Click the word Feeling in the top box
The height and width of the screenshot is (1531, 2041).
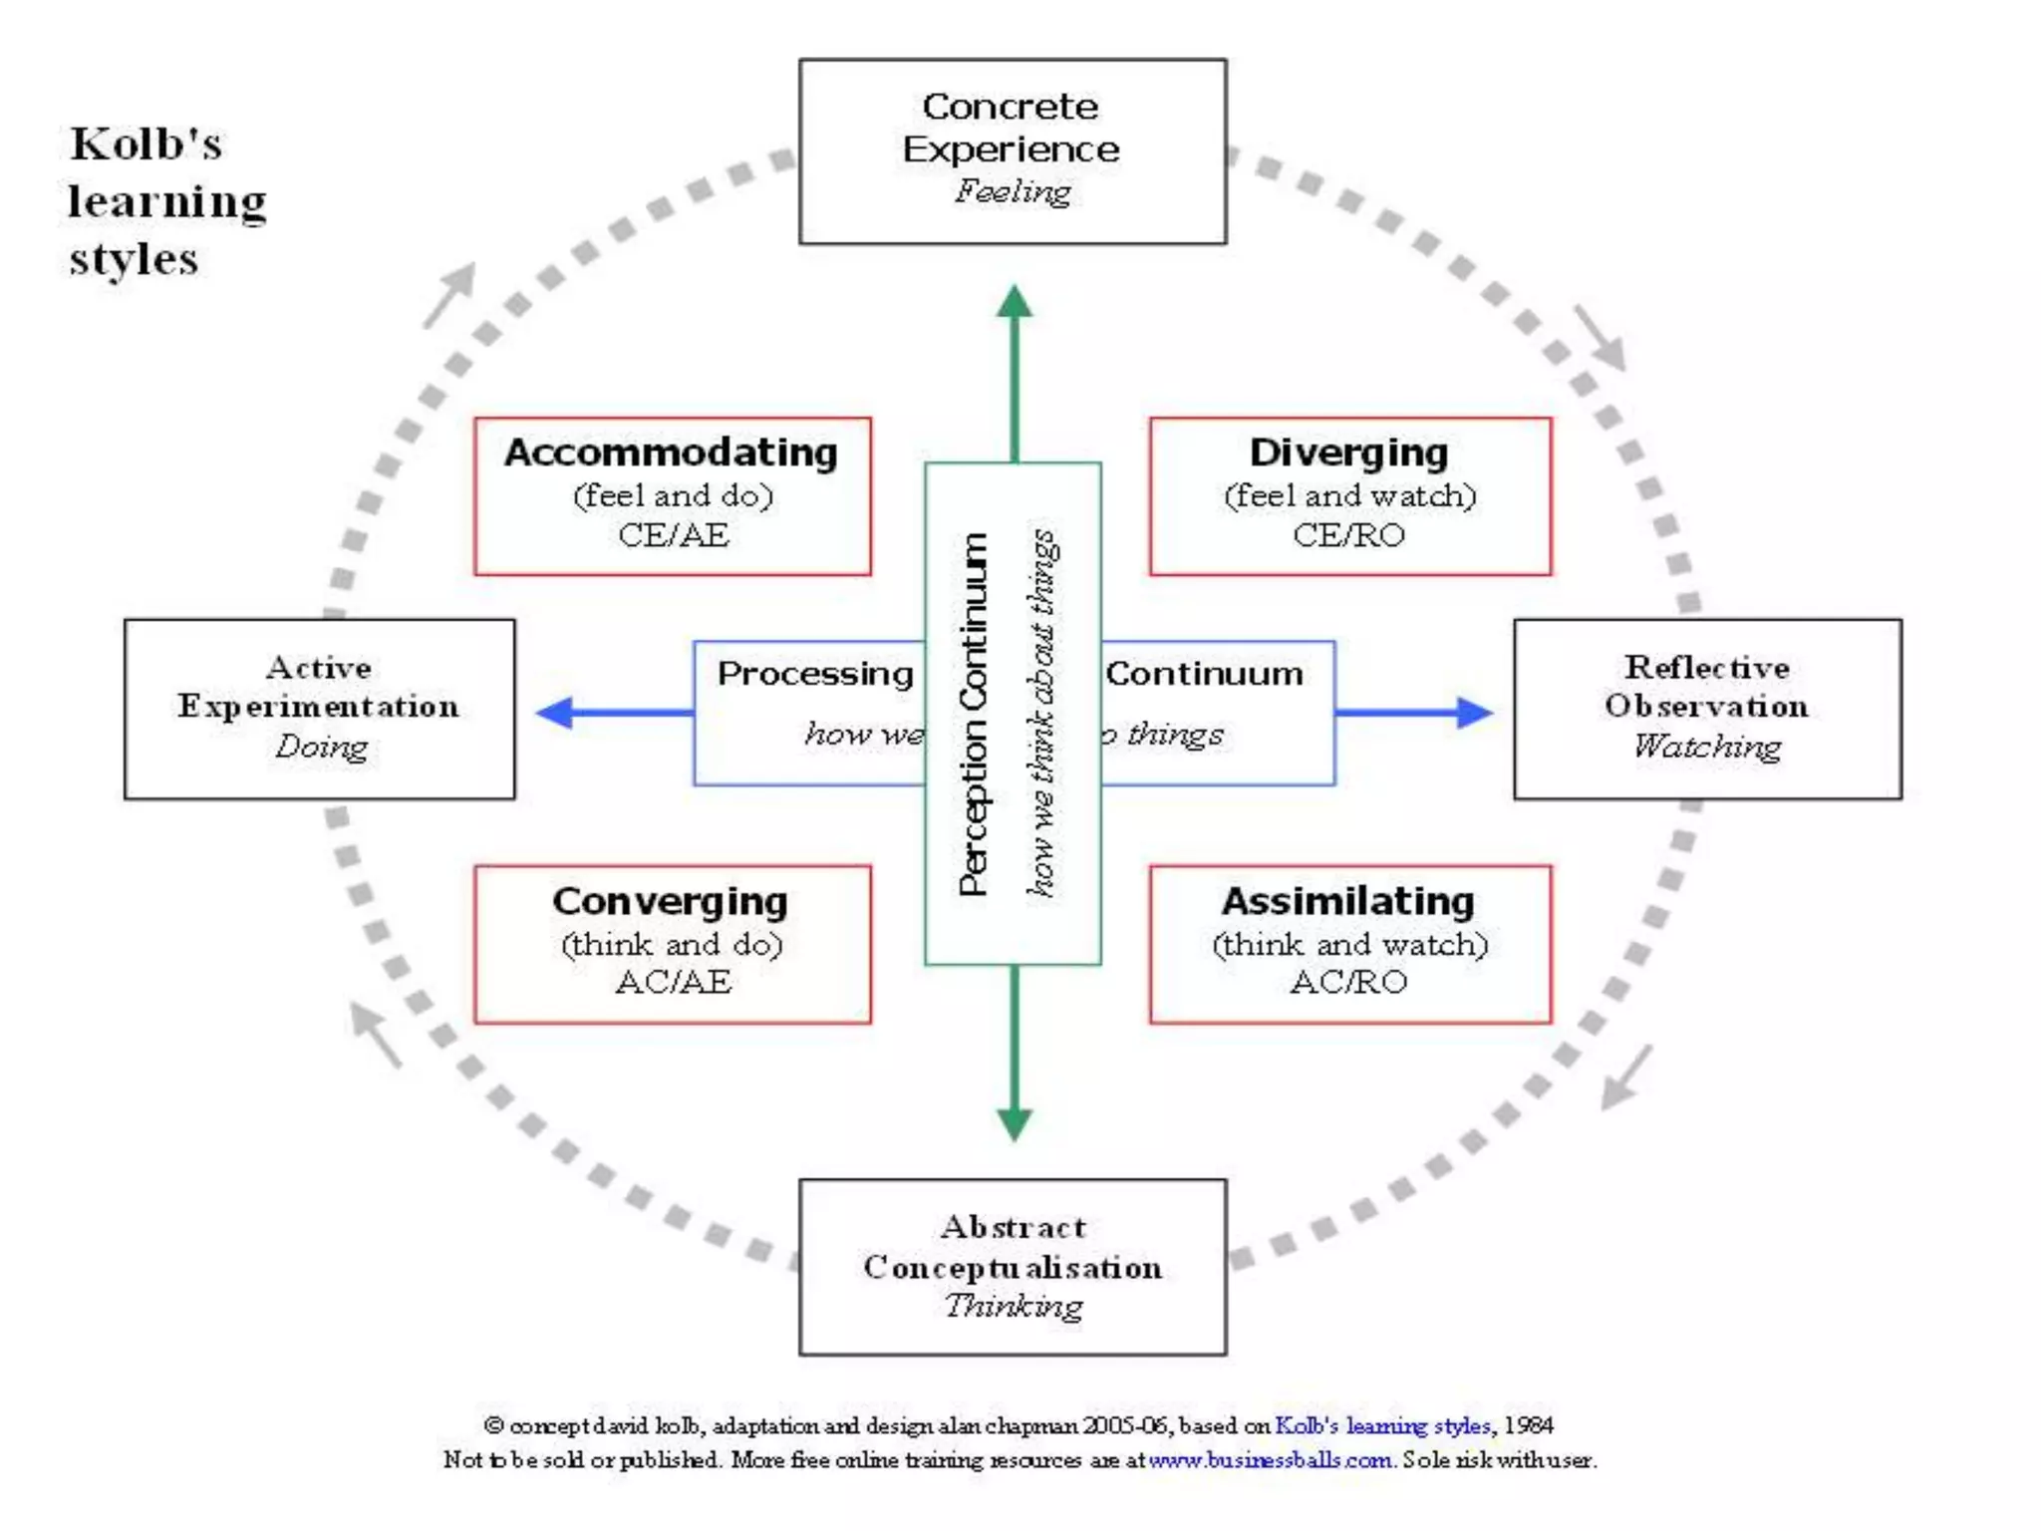click(x=1013, y=190)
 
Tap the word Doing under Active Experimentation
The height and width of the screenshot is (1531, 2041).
click(x=321, y=746)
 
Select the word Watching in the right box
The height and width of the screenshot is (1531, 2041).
click(x=1706, y=746)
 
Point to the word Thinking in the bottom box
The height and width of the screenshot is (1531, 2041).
click(x=1013, y=1306)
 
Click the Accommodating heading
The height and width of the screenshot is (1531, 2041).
click(x=671, y=453)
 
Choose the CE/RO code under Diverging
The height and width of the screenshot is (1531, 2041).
click(x=1348, y=535)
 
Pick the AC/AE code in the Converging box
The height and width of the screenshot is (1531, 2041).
click(x=673, y=982)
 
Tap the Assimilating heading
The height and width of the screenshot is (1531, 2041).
click(x=1347, y=901)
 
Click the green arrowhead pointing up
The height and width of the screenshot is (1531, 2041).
click(x=1014, y=301)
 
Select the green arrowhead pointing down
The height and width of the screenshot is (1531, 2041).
click(x=1014, y=1124)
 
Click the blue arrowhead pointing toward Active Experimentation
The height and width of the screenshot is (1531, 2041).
click(x=554, y=712)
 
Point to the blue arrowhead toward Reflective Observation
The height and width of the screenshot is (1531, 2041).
click(x=1474, y=712)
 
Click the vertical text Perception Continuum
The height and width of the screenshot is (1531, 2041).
click(x=973, y=713)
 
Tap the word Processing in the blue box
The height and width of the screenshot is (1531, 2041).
click(x=814, y=674)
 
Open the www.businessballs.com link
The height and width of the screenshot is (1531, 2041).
click(x=1270, y=1460)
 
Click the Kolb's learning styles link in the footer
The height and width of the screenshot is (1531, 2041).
click(x=1382, y=1425)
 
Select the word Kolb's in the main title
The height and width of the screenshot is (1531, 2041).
click(x=146, y=145)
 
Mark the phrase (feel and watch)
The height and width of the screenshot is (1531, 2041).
click(x=1349, y=495)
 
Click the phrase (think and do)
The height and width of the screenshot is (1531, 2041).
click(x=672, y=944)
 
